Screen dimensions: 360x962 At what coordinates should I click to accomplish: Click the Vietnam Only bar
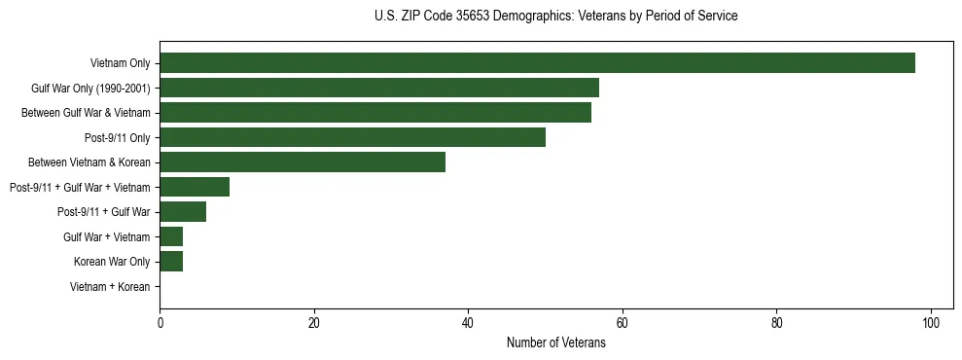[x=537, y=63]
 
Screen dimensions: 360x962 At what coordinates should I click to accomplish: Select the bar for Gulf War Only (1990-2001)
[x=379, y=89]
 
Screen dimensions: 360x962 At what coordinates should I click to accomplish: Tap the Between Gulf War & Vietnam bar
[x=375, y=113]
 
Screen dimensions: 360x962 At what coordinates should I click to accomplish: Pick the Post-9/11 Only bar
[x=352, y=137]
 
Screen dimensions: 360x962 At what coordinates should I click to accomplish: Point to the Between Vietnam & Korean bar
[x=303, y=162]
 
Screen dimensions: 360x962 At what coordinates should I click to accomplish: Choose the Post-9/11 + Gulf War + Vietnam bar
[x=195, y=187]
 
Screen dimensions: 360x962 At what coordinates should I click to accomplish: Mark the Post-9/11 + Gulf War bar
[x=183, y=211]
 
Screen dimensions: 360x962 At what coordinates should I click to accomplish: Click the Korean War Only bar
[x=171, y=261]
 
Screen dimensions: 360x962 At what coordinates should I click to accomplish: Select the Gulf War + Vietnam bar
[x=171, y=236]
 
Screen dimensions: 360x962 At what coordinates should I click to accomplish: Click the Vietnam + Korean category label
[x=110, y=287]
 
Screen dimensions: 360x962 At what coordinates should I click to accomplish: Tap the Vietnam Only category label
[x=120, y=64]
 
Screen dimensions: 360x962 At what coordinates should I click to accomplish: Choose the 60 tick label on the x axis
[x=623, y=324]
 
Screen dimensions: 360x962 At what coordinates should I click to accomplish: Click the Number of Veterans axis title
[x=555, y=342]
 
